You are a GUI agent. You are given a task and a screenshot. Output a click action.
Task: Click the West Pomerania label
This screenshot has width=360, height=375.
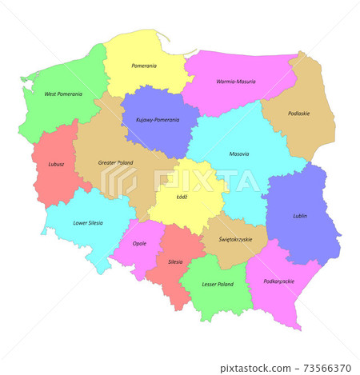63,94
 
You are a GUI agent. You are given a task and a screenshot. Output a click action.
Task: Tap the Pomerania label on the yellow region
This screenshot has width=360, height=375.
145,66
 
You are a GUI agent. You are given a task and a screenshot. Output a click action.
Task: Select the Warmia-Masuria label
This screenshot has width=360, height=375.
235,82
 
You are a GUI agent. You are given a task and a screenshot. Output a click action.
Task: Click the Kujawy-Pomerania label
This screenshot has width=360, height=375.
152,120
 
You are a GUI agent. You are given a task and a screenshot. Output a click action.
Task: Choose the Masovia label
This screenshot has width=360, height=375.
238,154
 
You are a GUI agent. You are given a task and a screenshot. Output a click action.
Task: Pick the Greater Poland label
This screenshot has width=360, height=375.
116,162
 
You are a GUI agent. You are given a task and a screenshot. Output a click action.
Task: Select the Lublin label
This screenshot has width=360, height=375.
300,215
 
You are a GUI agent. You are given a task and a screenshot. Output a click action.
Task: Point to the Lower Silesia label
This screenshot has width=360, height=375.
88,223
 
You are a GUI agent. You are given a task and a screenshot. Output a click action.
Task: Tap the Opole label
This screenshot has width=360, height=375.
139,244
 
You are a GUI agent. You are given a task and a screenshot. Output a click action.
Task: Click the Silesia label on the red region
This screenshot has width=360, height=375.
175,261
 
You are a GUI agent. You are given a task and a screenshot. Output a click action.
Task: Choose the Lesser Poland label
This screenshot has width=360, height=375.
218,284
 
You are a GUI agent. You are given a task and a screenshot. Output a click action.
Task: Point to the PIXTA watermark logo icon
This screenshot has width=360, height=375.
118,183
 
